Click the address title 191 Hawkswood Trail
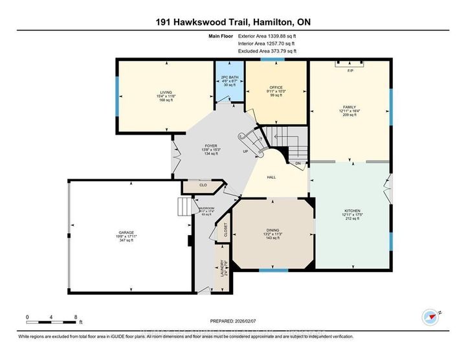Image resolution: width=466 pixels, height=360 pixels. [x=233, y=21]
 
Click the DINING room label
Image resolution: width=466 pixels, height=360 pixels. [x=272, y=231]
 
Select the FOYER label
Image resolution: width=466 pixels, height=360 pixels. [x=210, y=146]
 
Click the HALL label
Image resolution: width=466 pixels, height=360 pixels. [x=273, y=176]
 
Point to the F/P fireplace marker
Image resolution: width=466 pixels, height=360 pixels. [x=350, y=70]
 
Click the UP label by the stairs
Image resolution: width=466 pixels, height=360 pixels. [x=245, y=152]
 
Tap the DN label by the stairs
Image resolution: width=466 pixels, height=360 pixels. [x=298, y=164]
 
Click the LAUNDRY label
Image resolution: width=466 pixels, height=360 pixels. [x=222, y=267]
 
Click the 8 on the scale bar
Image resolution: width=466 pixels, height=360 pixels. [x=76, y=317]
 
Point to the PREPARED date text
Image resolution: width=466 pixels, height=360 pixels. [x=232, y=322]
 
